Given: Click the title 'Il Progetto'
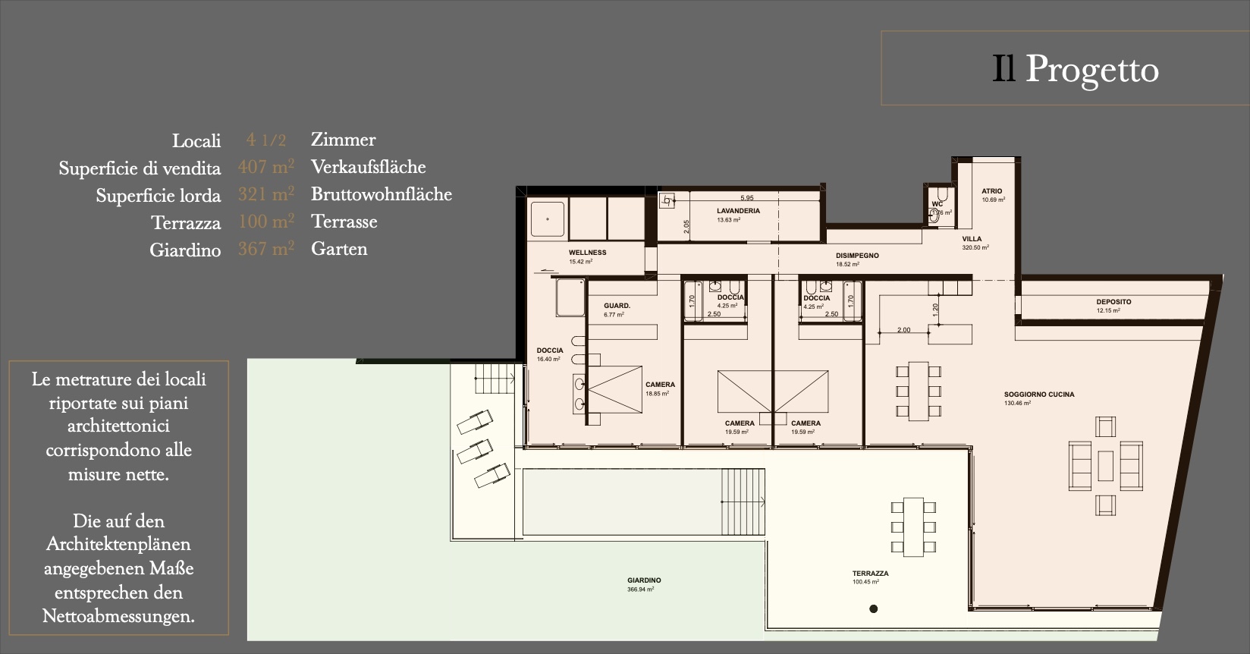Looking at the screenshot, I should point(1076,70).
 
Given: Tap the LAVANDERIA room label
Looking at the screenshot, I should point(738,212).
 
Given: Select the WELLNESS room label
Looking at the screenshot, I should point(587,253).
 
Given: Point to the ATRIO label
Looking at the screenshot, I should point(991,192).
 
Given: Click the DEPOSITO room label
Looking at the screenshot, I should point(1113,302).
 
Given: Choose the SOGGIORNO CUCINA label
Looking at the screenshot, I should point(1038,395).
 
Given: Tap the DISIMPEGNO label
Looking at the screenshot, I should point(857,256).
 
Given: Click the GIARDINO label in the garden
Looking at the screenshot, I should point(644,580).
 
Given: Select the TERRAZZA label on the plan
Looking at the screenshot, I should point(870,574).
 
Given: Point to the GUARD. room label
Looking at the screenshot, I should point(617,306).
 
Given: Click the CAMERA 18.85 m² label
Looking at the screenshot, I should point(660,385).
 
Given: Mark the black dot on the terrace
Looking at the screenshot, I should point(874,608).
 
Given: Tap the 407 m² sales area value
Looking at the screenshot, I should point(265,167).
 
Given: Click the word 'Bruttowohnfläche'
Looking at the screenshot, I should point(381,194).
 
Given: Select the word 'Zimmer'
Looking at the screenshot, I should point(343,140).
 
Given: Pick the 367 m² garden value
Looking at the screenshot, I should point(265,249).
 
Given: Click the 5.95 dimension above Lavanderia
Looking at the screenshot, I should point(747,198).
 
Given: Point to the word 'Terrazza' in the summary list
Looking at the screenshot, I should point(186,223).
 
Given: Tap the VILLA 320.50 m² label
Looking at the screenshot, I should point(972,239).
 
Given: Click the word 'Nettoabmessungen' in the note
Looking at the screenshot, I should point(118,616).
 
